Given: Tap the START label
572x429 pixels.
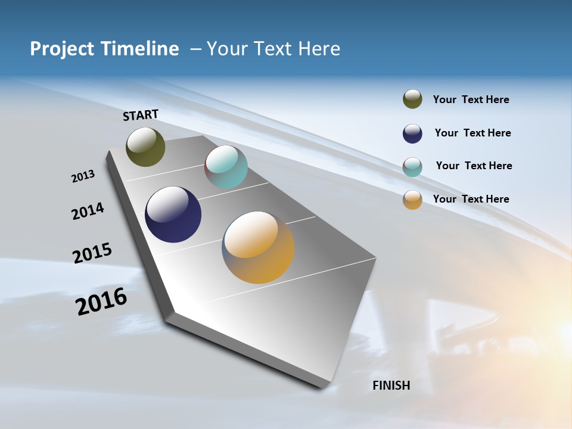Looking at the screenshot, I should tap(141, 115).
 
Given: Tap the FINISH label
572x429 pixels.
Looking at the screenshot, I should tap(391, 386).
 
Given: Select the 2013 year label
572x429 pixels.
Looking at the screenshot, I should tap(83, 176).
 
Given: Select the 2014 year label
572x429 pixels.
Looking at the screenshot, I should tap(88, 211).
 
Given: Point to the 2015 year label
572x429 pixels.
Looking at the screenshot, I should tap(92, 253).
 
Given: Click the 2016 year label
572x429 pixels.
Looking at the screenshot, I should tap(101, 301).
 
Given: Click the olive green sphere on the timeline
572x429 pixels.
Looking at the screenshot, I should tap(145, 147).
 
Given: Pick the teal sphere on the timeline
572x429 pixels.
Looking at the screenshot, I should tap(226, 167).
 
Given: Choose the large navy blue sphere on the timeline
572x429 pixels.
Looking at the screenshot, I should tap(173, 214).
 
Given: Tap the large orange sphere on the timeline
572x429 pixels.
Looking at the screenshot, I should tap(258, 247).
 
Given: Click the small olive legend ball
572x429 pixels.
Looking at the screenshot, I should tap(412, 100).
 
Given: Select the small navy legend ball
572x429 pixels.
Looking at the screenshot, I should tap(412, 133).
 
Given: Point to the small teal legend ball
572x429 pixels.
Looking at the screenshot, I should tap(412, 167).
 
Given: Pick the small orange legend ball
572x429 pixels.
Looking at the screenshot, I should tap(412, 200).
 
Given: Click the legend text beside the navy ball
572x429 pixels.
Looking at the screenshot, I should tap(472, 133).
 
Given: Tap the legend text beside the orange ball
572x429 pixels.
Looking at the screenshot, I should tap(471, 199).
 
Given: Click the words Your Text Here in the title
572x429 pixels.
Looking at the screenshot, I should tap(273, 49).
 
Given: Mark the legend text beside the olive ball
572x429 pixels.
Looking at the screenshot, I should tap(471, 100).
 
